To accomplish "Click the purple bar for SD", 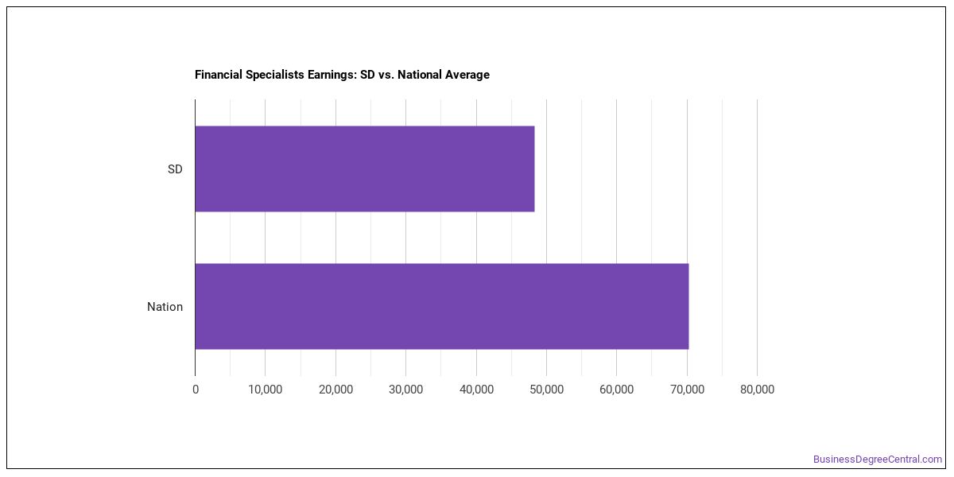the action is point(365,169).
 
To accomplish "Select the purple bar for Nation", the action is point(442,306).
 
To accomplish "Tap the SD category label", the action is point(175,169).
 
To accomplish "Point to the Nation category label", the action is point(165,307).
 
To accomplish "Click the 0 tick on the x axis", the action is point(196,390).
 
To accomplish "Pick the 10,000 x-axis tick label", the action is point(265,390).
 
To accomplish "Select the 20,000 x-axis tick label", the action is point(335,390).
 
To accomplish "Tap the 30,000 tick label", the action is point(406,390).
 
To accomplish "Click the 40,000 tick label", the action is point(476,390).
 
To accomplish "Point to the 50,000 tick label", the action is point(546,390).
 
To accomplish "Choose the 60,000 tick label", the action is point(616,390).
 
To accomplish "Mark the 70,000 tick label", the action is point(687,390).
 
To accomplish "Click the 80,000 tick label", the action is point(757,390).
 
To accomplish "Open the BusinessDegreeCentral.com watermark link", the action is point(878,460).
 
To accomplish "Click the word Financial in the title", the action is point(219,75).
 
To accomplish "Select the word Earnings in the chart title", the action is point(332,75).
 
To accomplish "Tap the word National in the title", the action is point(420,75).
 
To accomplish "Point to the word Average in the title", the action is point(467,75).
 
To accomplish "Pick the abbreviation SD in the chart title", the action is point(367,75).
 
